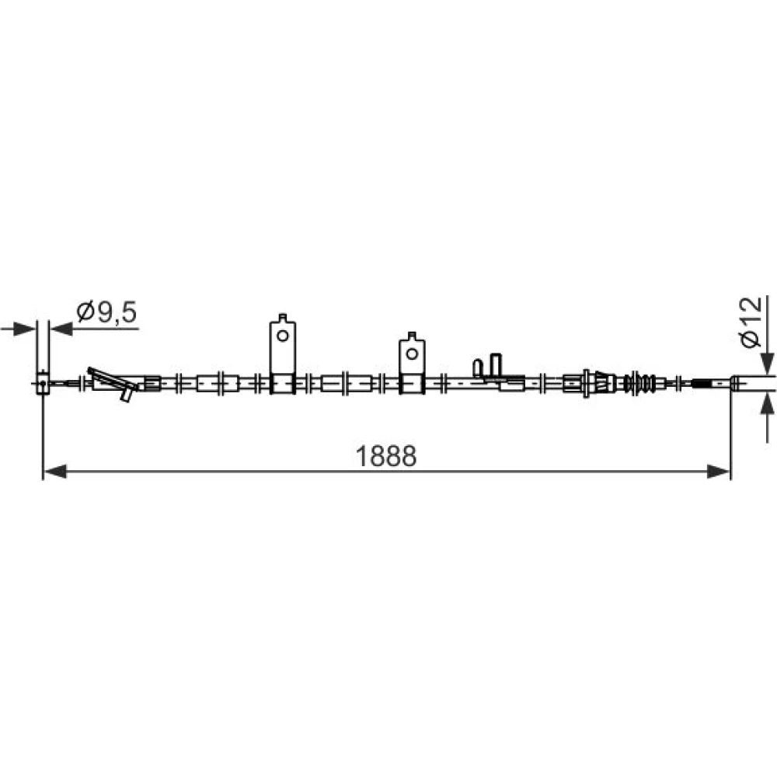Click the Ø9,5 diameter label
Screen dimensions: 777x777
(106, 312)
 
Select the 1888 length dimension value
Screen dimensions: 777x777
(386, 456)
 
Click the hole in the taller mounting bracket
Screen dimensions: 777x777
(283, 336)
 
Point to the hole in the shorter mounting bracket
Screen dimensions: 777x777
(412, 354)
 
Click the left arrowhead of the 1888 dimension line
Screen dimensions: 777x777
(55, 472)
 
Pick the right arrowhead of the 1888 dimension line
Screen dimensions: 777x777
(719, 472)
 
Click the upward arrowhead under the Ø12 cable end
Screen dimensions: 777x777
(767, 402)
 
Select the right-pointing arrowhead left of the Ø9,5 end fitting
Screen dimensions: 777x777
(26, 328)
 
